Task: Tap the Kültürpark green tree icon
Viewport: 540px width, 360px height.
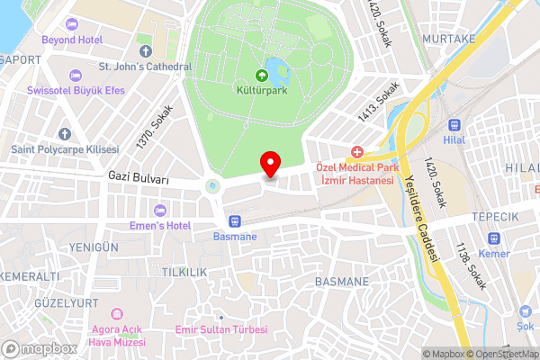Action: (263, 76)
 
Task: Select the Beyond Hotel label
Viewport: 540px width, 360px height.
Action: (72, 40)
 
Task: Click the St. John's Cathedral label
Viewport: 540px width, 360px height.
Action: (145, 67)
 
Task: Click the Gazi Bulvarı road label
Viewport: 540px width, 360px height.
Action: (138, 180)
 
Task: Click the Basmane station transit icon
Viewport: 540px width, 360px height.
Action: (235, 220)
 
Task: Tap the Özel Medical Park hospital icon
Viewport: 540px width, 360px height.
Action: (357, 152)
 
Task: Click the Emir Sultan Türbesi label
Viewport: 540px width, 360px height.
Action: (221, 329)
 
